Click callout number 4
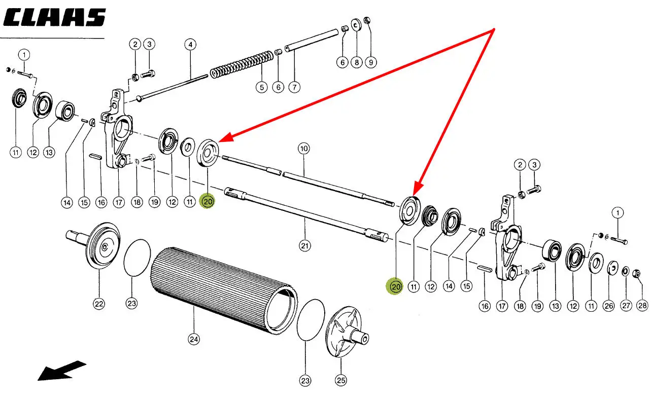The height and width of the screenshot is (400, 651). coord(190,45)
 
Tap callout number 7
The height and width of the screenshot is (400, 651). coord(294,87)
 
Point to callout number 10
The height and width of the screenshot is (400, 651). coord(303,149)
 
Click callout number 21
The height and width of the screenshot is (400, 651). coord(304,246)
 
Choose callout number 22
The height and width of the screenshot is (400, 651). coord(98,304)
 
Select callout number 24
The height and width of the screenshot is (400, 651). coord(193,339)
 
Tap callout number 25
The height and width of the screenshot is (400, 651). coord(340,380)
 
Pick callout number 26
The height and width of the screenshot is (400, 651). coord(608,306)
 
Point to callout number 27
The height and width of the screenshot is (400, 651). coord(626,306)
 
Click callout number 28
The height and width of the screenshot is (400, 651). coord(642,306)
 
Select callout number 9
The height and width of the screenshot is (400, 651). coord(370,62)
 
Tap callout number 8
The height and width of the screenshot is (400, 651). coord(356,62)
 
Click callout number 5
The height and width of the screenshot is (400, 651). coord(261,87)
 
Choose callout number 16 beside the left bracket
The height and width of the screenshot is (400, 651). coord(101,202)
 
